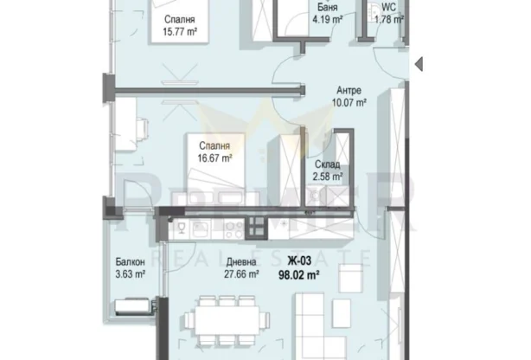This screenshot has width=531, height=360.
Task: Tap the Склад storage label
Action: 326,164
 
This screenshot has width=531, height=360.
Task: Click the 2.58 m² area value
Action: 327,177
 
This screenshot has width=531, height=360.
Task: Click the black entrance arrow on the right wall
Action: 417,62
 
